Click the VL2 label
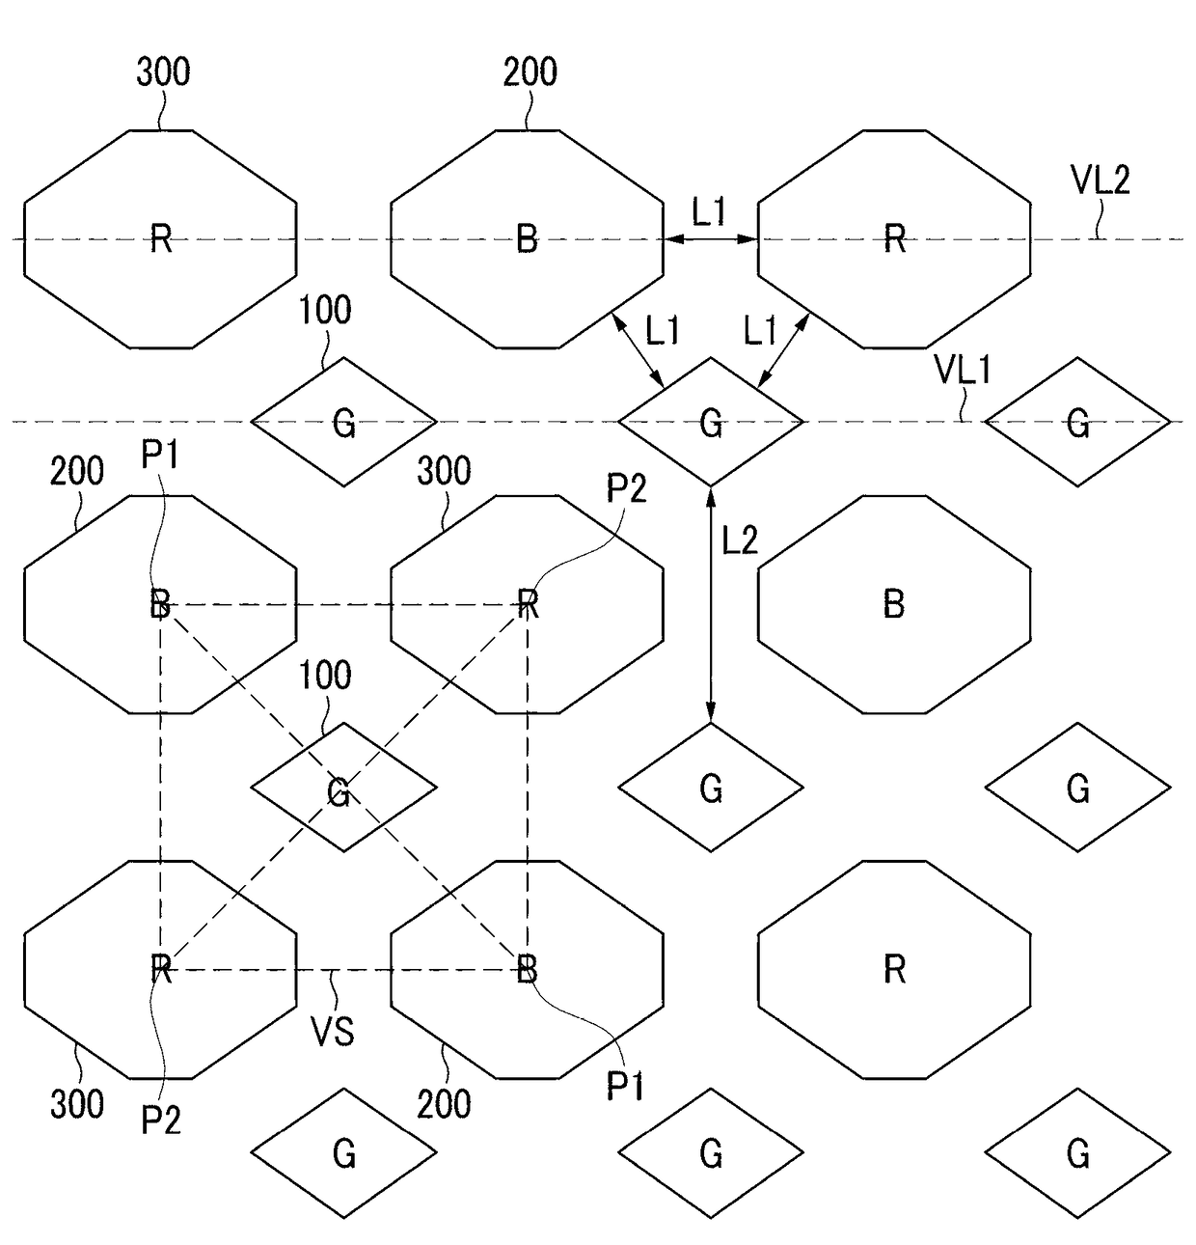tap(1100, 180)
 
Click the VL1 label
tap(962, 370)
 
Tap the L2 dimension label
tap(740, 540)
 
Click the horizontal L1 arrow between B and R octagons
tap(711, 238)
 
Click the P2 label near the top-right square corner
tap(626, 490)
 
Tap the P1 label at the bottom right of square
tap(625, 1088)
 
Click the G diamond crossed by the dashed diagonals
tap(343, 788)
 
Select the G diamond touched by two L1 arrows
tap(711, 422)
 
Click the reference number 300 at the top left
tap(163, 72)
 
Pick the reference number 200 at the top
tap(530, 72)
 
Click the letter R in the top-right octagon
tap(894, 238)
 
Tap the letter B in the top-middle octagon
tap(527, 238)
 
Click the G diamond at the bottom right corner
tap(1077, 1152)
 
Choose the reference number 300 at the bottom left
tap(77, 1104)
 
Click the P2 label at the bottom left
tap(160, 1120)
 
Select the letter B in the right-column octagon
tap(894, 604)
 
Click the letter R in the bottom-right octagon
tap(894, 968)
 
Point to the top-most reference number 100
tap(325, 311)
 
